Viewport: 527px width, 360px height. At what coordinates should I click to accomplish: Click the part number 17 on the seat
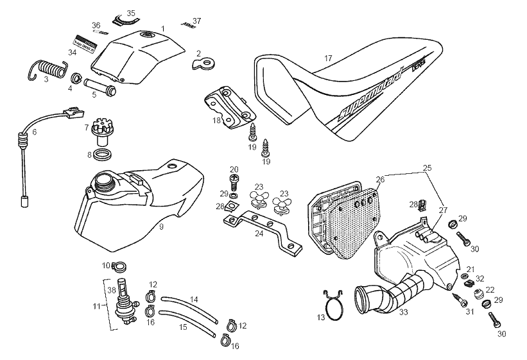pyautogui.click(x=328, y=58)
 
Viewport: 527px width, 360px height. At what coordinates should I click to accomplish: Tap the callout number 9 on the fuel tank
pyautogui.click(x=162, y=227)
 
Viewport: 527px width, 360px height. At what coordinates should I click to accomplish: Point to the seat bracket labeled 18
pyautogui.click(x=229, y=107)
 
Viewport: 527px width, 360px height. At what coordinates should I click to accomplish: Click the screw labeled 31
pyautogui.click(x=460, y=300)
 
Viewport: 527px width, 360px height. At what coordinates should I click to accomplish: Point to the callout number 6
pyautogui.click(x=35, y=132)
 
